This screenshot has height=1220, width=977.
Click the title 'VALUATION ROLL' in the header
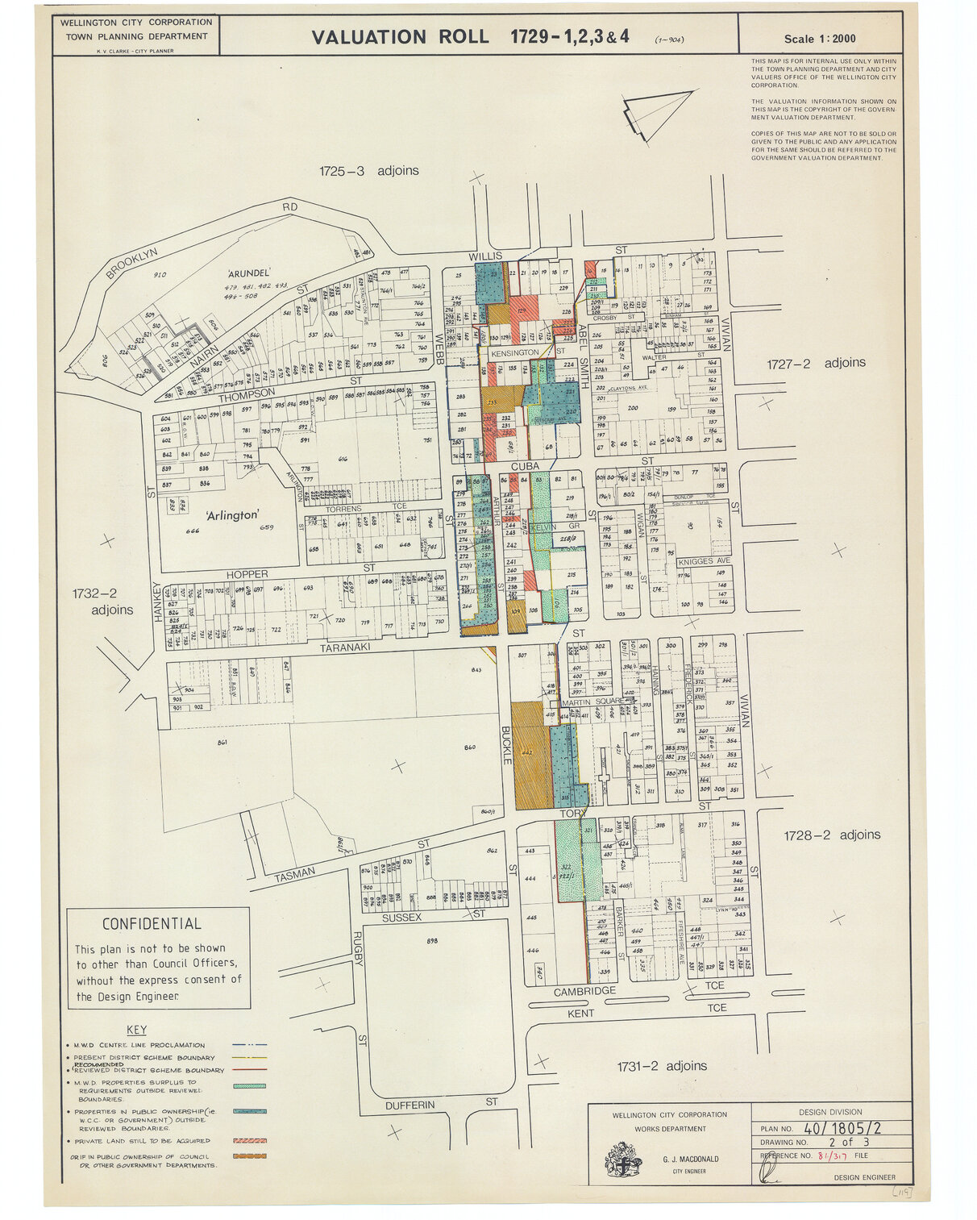[399, 37]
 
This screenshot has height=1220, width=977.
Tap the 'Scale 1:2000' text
[820, 39]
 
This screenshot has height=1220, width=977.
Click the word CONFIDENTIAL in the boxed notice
[152, 924]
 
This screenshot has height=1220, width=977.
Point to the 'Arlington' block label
[231, 515]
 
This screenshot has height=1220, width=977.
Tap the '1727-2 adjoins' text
[816, 364]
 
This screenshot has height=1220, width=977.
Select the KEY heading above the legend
[136, 1030]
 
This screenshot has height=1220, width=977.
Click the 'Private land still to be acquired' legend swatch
[249, 1141]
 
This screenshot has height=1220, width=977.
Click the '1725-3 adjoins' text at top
[368, 171]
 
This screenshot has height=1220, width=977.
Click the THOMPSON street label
[247, 393]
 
